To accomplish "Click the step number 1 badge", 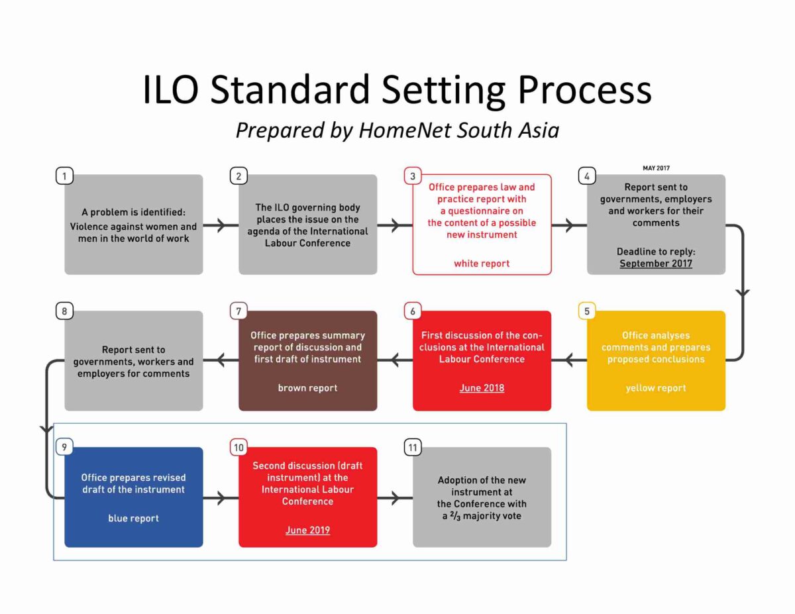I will coord(64,176).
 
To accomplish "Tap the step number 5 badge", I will coord(587,311).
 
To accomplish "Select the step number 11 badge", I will coord(413,448).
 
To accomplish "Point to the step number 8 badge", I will coord(64,311).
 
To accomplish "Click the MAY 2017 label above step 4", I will coord(656,168).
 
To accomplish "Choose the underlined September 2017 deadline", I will coord(656,264).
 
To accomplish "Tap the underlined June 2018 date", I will coord(482,388).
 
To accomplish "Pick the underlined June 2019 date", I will coord(307,530).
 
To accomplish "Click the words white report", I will coord(482,264).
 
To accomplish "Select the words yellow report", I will coord(656,388).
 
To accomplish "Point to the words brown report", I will coord(307,388).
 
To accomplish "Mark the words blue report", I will coord(133,519).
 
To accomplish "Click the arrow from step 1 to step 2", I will coord(221,225).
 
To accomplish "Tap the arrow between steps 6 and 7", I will coord(395,361).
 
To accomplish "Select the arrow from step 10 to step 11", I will coord(395,498).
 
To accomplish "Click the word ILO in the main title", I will coord(170,90).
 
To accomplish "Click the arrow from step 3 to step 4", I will coord(568,225).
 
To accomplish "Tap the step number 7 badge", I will coord(238,311).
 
